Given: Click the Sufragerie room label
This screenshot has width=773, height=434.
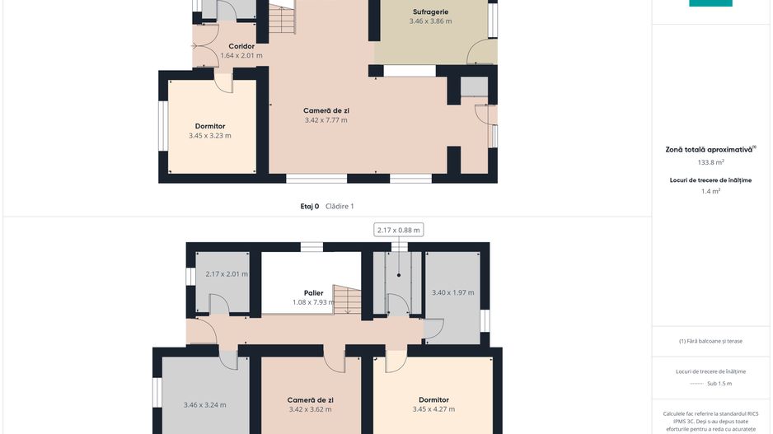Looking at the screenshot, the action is (x=430, y=12).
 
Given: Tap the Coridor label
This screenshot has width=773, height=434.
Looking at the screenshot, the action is (x=241, y=46).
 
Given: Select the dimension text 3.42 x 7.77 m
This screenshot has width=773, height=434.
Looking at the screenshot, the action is (x=326, y=120).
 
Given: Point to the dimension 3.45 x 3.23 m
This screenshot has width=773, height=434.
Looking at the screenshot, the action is (x=210, y=136).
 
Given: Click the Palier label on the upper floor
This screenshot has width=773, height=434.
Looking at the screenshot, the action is (x=313, y=293).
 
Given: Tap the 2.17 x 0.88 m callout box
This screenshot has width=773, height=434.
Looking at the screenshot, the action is (x=398, y=230).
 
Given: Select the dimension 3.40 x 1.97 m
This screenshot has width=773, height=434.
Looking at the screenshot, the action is (x=453, y=292).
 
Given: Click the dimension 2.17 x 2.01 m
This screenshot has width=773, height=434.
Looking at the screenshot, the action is (x=227, y=274).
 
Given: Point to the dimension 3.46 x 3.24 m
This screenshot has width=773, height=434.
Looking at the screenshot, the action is (x=205, y=405).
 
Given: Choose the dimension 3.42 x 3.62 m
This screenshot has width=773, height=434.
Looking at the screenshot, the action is (x=310, y=409).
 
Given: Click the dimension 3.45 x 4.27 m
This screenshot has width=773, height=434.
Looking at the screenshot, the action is (x=433, y=408).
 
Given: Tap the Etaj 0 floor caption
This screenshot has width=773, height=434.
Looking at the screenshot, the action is (x=310, y=207).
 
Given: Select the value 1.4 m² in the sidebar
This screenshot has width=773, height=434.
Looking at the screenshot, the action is (x=711, y=191).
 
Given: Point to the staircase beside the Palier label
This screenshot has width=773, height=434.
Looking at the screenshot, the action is (x=347, y=300).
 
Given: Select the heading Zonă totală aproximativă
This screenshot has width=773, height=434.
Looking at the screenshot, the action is (x=709, y=150).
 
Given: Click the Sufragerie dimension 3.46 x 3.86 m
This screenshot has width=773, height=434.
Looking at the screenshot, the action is (x=430, y=21).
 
